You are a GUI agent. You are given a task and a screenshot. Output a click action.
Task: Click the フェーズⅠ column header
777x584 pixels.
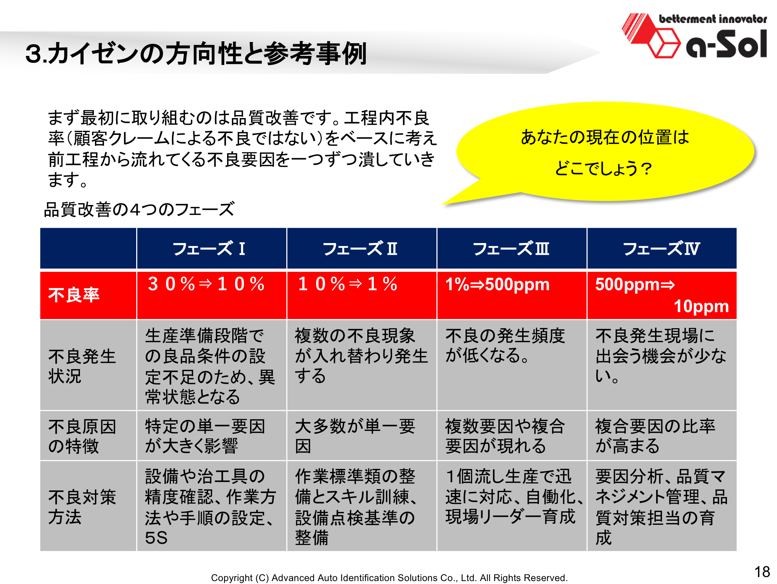pyautogui.click(x=209, y=249)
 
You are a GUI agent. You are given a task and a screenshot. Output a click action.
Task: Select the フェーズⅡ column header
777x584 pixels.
pyautogui.click(x=360, y=249)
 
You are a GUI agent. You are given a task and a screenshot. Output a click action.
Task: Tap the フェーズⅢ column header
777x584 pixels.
pyautogui.click(x=511, y=249)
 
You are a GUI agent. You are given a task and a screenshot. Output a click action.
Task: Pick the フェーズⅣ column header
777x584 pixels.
pyautogui.click(x=661, y=249)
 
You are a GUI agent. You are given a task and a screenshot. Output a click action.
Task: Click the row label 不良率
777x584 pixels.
pyautogui.click(x=74, y=295)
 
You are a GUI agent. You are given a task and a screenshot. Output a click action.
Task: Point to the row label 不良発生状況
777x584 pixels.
pyautogui.click(x=82, y=366)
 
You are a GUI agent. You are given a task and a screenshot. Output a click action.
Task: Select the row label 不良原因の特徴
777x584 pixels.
pyautogui.click(x=82, y=436)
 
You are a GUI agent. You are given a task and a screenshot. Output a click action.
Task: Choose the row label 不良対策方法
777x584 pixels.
pyautogui.click(x=82, y=507)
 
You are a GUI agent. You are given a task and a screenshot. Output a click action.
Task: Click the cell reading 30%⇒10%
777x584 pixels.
pyautogui.click(x=206, y=284)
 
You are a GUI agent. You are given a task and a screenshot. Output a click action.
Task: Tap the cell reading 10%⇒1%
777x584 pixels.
pyautogui.click(x=348, y=284)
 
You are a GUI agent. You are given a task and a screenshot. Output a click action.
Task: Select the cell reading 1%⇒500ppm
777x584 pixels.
pyautogui.click(x=497, y=284)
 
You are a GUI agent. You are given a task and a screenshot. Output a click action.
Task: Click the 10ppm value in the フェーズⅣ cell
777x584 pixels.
pyautogui.click(x=701, y=306)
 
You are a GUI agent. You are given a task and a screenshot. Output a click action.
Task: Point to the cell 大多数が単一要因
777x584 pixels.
pyautogui.click(x=355, y=436)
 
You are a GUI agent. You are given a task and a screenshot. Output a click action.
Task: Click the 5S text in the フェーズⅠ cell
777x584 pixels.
pyautogui.click(x=156, y=538)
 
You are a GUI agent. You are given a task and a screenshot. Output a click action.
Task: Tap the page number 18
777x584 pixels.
pyautogui.click(x=762, y=572)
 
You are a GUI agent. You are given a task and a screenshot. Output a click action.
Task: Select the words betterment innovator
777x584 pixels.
pyautogui.click(x=713, y=19)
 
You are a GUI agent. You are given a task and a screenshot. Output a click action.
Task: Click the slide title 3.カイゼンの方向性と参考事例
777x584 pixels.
pyautogui.click(x=196, y=53)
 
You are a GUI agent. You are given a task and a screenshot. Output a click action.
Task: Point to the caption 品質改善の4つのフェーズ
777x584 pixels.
pyautogui.click(x=139, y=209)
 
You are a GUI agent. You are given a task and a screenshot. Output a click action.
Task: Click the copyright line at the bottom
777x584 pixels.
pyautogui.click(x=389, y=577)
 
